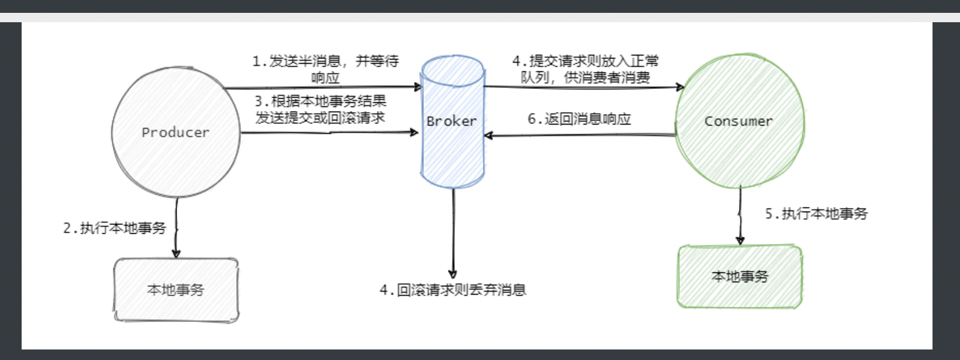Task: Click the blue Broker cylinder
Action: coord(453,152)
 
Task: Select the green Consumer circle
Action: coord(740,152)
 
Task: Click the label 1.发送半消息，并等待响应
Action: coord(325,69)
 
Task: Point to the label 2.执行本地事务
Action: coord(115,228)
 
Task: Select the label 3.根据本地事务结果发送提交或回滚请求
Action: coord(320,109)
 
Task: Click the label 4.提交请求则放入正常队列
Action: coord(585,69)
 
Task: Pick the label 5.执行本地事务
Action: coord(817,214)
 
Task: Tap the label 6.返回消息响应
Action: coord(579,119)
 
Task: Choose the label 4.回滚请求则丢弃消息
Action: coord(453,290)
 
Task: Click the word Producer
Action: coord(175,133)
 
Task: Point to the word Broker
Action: coord(451,121)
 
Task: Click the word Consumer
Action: coord(738,121)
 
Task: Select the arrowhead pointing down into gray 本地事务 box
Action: coord(176,253)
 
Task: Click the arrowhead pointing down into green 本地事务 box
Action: coord(740,240)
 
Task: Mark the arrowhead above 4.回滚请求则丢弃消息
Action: coord(453,274)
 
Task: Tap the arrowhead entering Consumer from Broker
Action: coord(679,87)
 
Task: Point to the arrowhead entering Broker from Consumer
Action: coord(489,136)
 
